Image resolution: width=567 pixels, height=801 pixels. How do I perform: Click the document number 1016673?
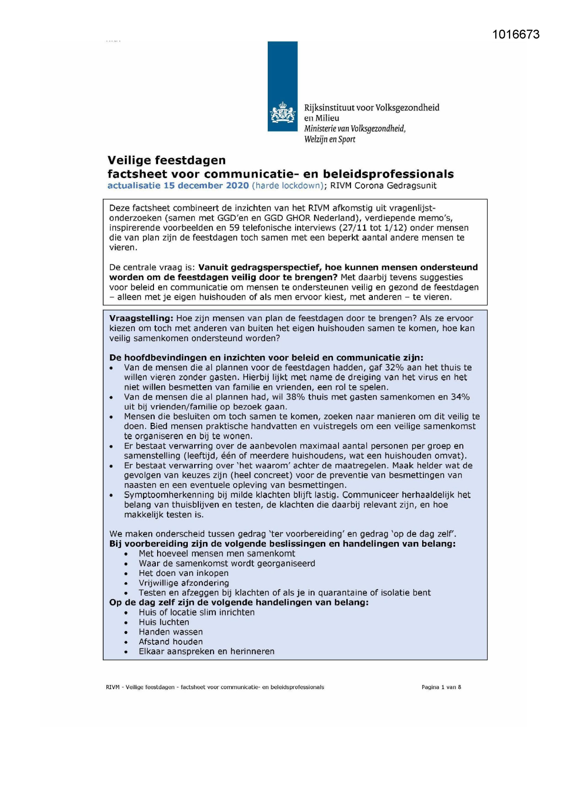click(516, 35)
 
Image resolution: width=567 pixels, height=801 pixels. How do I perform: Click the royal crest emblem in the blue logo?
click(282, 112)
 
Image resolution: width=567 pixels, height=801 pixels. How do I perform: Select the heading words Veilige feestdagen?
click(166, 160)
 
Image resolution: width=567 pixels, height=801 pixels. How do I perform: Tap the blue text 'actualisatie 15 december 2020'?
click(178, 185)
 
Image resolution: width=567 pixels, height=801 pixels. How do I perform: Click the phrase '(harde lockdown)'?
click(288, 185)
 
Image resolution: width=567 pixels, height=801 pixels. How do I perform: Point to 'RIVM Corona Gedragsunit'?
click(383, 185)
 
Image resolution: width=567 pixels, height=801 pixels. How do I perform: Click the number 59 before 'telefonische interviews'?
click(234, 227)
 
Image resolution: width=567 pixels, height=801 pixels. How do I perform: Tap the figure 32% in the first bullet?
click(394, 368)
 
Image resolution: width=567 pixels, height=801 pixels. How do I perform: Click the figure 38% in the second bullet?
click(296, 397)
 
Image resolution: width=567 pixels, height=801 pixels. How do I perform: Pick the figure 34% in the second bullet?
click(460, 397)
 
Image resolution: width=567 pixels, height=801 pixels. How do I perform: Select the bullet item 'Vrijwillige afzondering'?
click(184, 583)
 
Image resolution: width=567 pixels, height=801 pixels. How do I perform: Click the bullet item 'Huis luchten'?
click(164, 622)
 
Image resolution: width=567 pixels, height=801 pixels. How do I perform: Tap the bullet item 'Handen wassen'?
click(170, 632)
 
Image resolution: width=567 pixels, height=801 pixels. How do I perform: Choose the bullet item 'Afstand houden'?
click(170, 642)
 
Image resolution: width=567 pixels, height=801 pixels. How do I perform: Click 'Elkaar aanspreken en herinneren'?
click(207, 652)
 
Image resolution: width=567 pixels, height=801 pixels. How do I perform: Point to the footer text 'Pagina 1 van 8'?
click(441, 687)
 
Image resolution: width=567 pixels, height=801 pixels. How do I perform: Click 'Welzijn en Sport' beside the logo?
click(329, 139)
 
